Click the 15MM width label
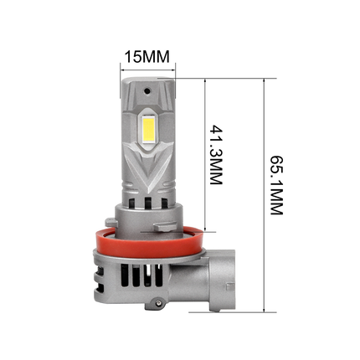coord(147,57)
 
